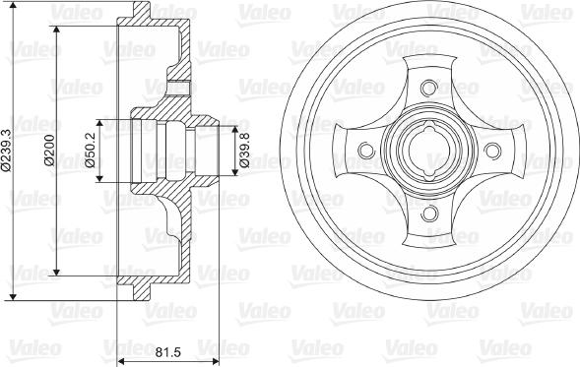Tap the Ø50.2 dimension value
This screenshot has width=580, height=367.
91,153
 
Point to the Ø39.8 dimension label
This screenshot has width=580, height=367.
244,153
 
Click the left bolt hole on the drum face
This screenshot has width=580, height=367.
366,151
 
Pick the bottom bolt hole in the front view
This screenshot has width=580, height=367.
429,214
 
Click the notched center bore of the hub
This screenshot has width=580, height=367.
429,151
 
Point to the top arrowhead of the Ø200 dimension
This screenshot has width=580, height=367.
57,37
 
